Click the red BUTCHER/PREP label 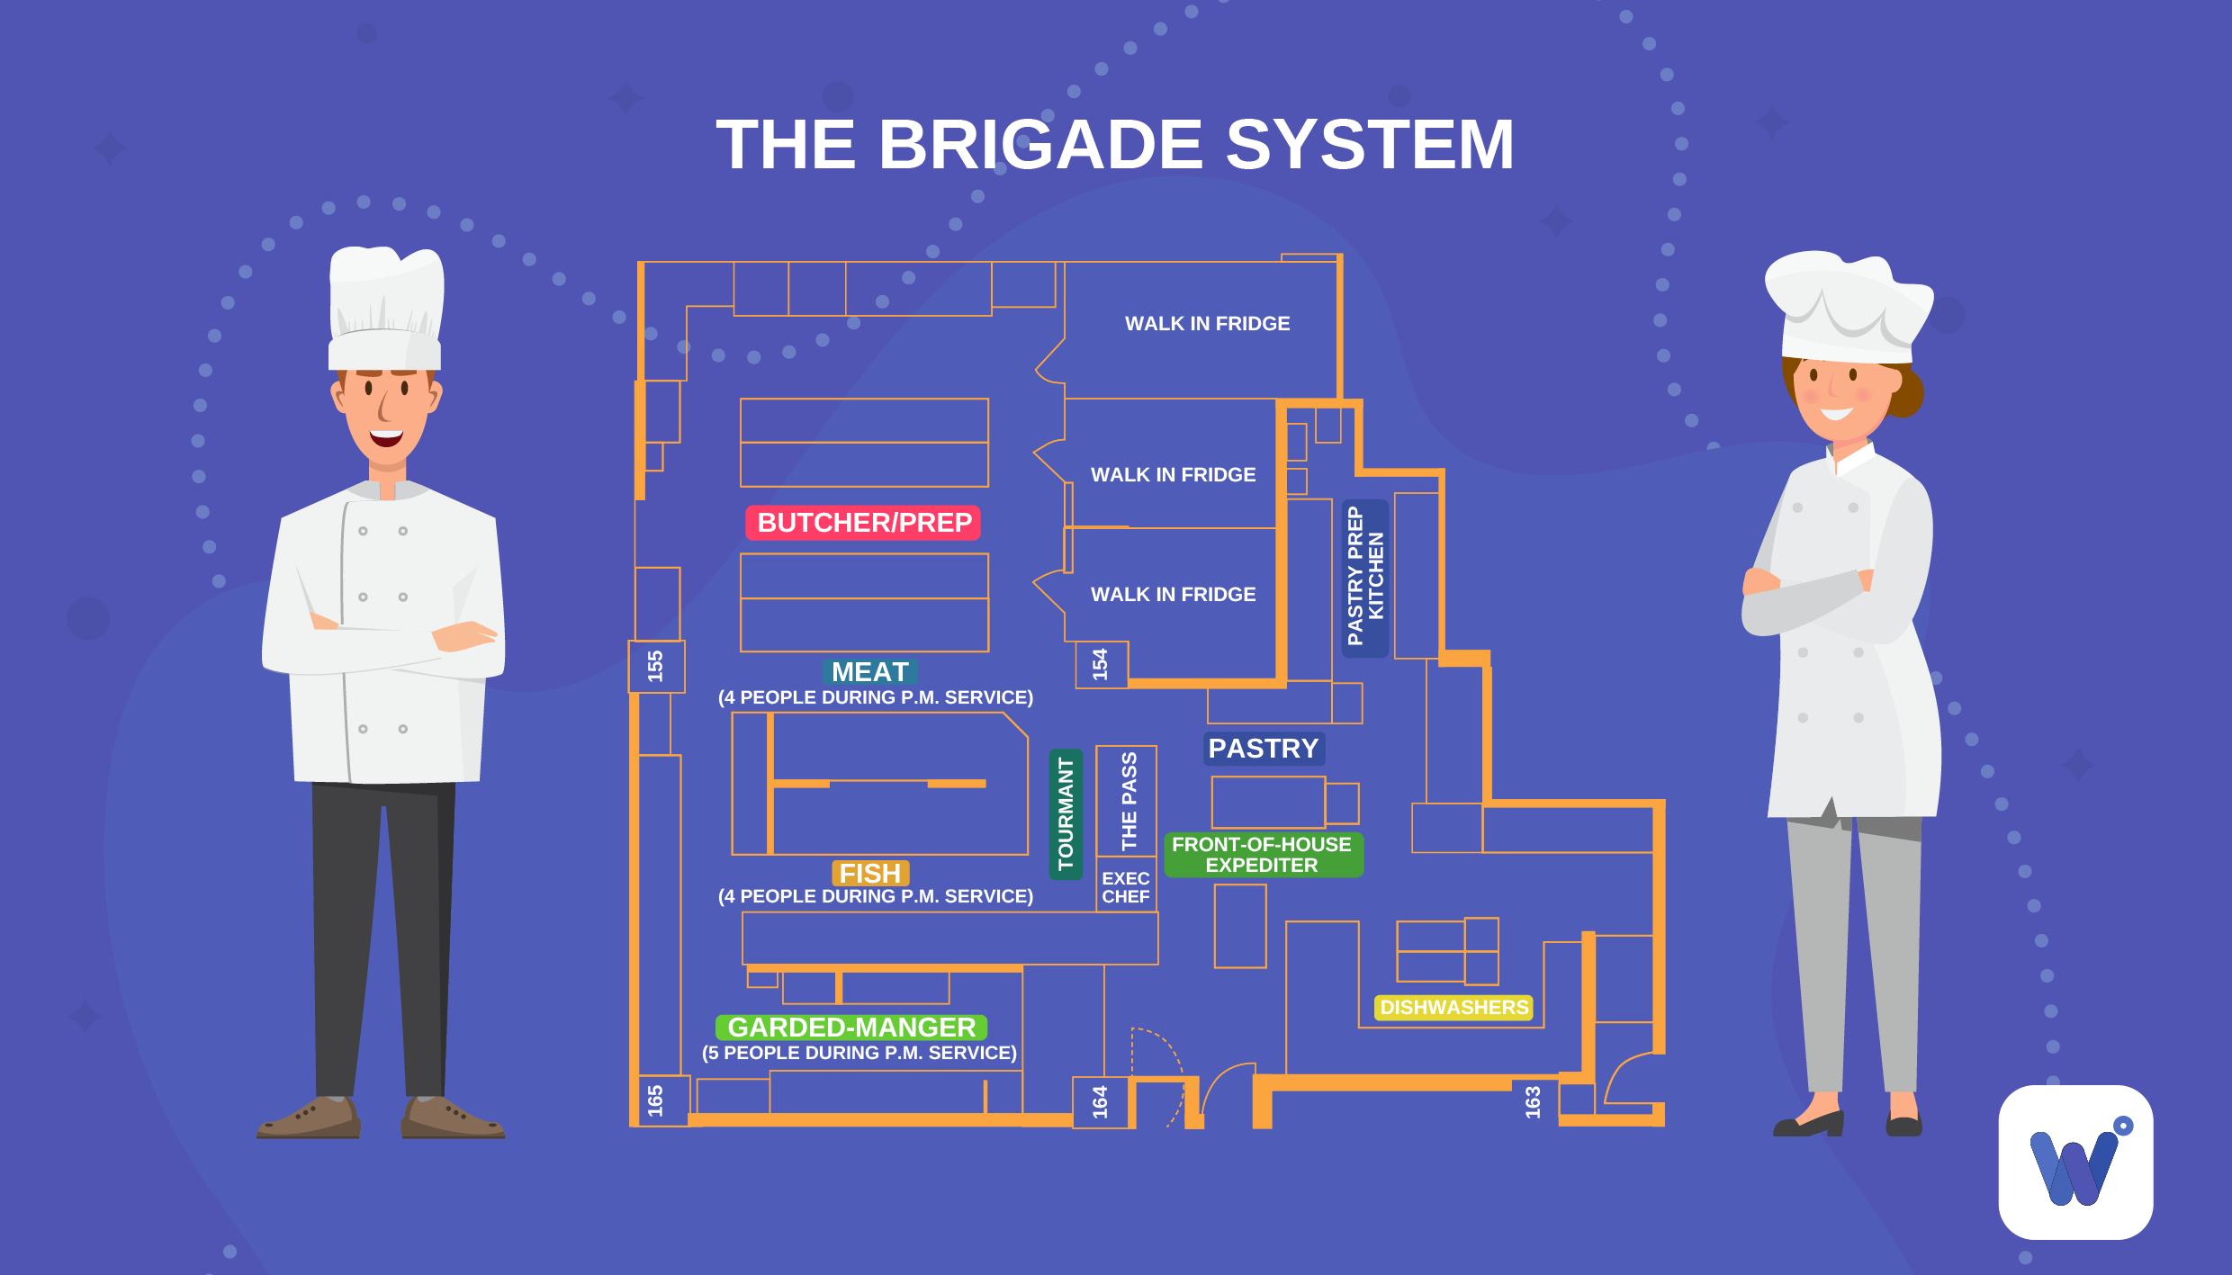click(863, 523)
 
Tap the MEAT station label click(869, 672)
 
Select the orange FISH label click(869, 873)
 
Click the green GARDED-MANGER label click(851, 1027)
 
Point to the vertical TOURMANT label click(1066, 814)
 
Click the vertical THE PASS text click(1129, 801)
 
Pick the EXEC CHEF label click(1125, 887)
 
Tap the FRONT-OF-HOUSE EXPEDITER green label click(1262, 855)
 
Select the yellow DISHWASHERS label click(1453, 1008)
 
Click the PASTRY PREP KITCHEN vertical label click(1364, 577)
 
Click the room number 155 click(655, 666)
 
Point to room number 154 click(1100, 664)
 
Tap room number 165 click(655, 1100)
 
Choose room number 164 click(1100, 1101)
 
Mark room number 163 click(1533, 1101)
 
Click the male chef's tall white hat click(386, 306)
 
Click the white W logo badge click(2075, 1162)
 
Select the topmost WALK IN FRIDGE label click(1207, 324)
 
